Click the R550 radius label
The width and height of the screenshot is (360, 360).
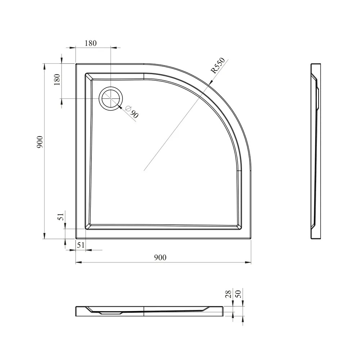click(x=218, y=66)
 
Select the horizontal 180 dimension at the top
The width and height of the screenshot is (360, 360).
click(x=91, y=43)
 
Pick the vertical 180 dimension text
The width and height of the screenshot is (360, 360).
click(x=57, y=80)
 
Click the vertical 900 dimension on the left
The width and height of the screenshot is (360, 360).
click(x=40, y=141)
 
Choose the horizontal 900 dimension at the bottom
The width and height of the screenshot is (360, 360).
click(x=160, y=257)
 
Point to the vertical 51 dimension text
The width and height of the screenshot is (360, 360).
click(x=60, y=216)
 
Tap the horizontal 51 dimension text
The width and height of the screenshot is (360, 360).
click(x=81, y=245)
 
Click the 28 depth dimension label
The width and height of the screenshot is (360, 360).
click(x=229, y=294)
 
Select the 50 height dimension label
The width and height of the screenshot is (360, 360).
click(x=239, y=294)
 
